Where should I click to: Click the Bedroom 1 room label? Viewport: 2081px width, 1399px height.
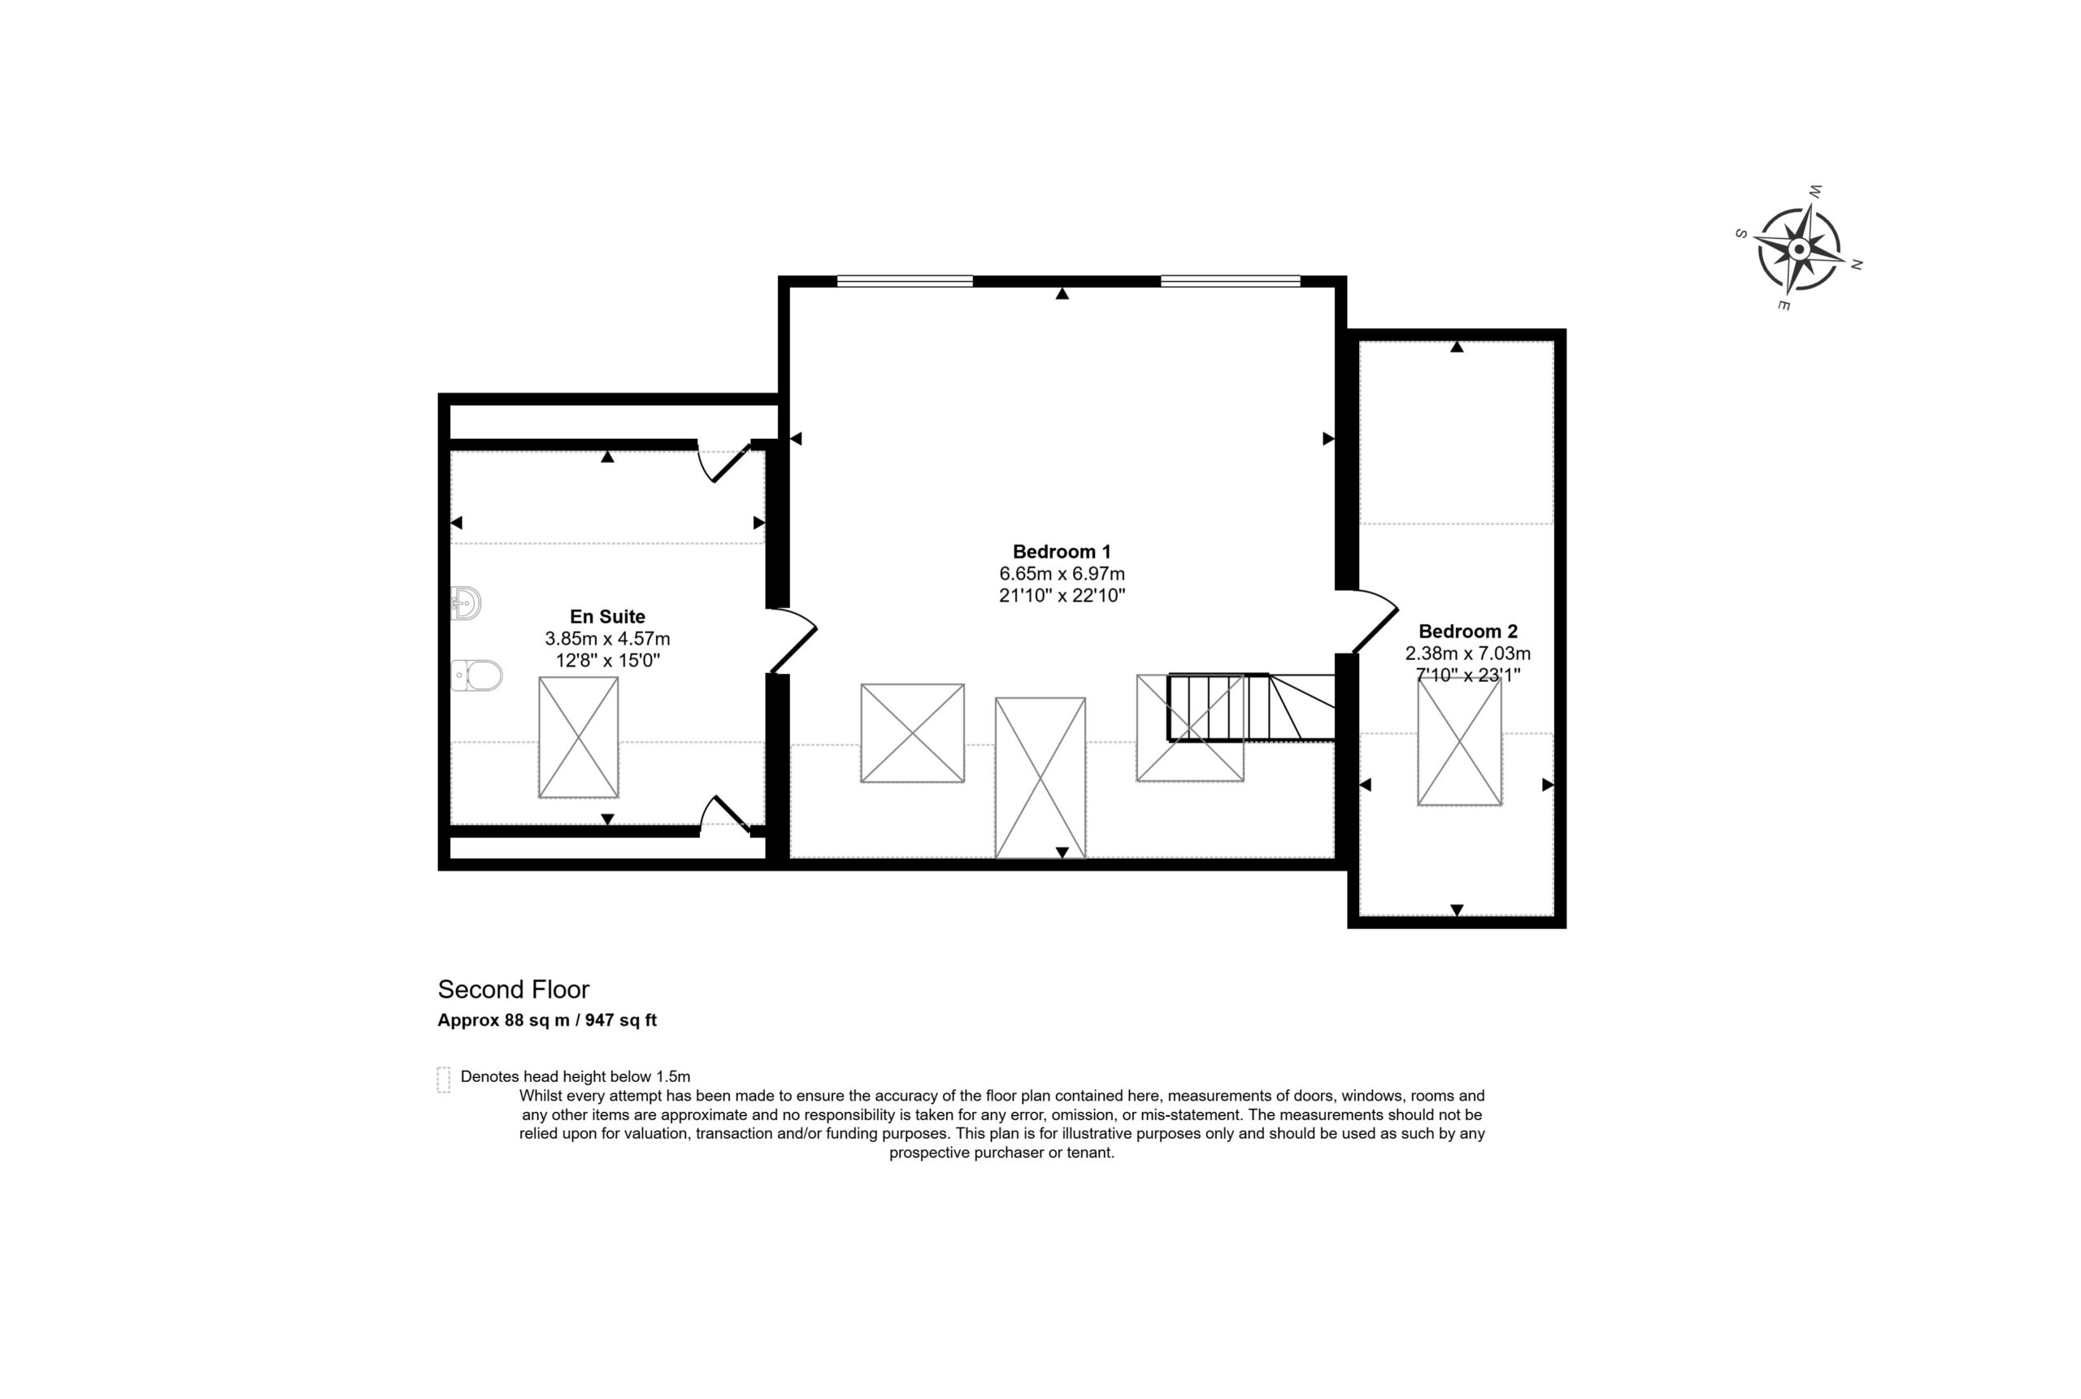tap(1062, 551)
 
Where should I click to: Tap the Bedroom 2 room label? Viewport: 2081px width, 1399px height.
tap(1467, 632)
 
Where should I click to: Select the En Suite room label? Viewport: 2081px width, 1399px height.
tap(607, 616)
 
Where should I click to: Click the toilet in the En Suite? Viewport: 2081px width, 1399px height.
tap(476, 676)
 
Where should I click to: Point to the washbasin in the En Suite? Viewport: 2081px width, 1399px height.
tap(466, 603)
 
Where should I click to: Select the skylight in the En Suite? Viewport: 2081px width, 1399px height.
tap(578, 737)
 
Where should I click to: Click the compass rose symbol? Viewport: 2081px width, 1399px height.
tap(1799, 248)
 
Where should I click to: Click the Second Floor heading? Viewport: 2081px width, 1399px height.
tap(513, 989)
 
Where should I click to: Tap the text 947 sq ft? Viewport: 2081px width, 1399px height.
tap(621, 1020)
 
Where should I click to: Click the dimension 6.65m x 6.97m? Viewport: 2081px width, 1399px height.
tap(1062, 574)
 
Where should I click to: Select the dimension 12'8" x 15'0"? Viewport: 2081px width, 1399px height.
tap(607, 660)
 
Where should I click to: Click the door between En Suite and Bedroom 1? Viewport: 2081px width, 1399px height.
tap(792, 640)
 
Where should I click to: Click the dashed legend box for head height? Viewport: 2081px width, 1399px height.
tap(443, 1080)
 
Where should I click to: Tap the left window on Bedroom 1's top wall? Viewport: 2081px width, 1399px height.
tap(905, 281)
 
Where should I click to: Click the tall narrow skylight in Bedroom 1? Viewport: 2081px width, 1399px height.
tap(1040, 778)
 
